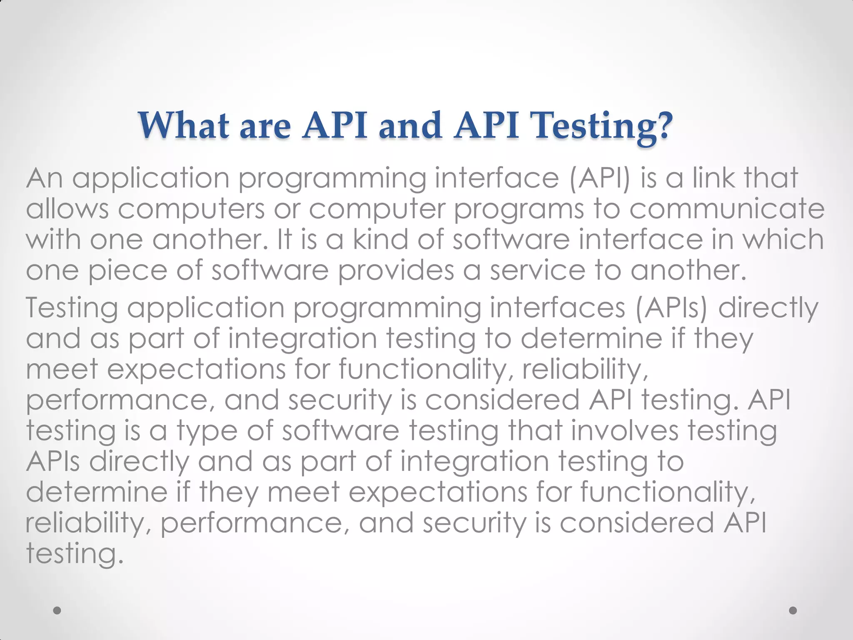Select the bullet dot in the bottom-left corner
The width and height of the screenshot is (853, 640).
(57, 610)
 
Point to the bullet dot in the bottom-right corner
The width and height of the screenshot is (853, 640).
(793, 610)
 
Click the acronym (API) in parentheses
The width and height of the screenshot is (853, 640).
(600, 178)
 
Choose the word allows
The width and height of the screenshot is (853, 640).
(67, 209)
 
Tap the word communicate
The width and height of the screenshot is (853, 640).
(726, 209)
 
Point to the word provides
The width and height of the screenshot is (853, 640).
(396, 271)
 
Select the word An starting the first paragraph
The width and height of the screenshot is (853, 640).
(45, 178)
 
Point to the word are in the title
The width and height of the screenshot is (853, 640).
(265, 126)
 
